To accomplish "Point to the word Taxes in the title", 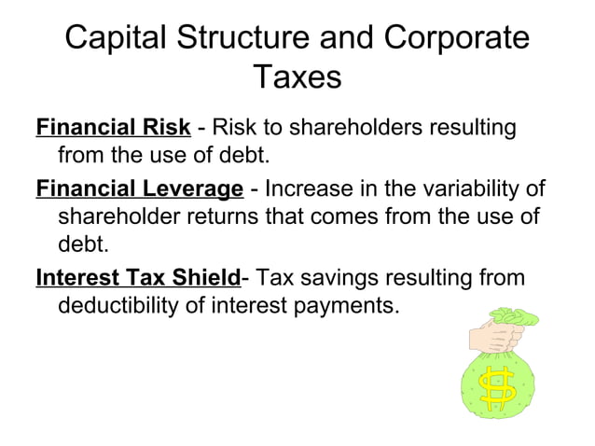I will click(297, 78).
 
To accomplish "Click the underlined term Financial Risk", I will click(113, 127).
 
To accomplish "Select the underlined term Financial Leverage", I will click(139, 189).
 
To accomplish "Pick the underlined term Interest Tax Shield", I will click(138, 277).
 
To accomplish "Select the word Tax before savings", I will click(276, 277).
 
